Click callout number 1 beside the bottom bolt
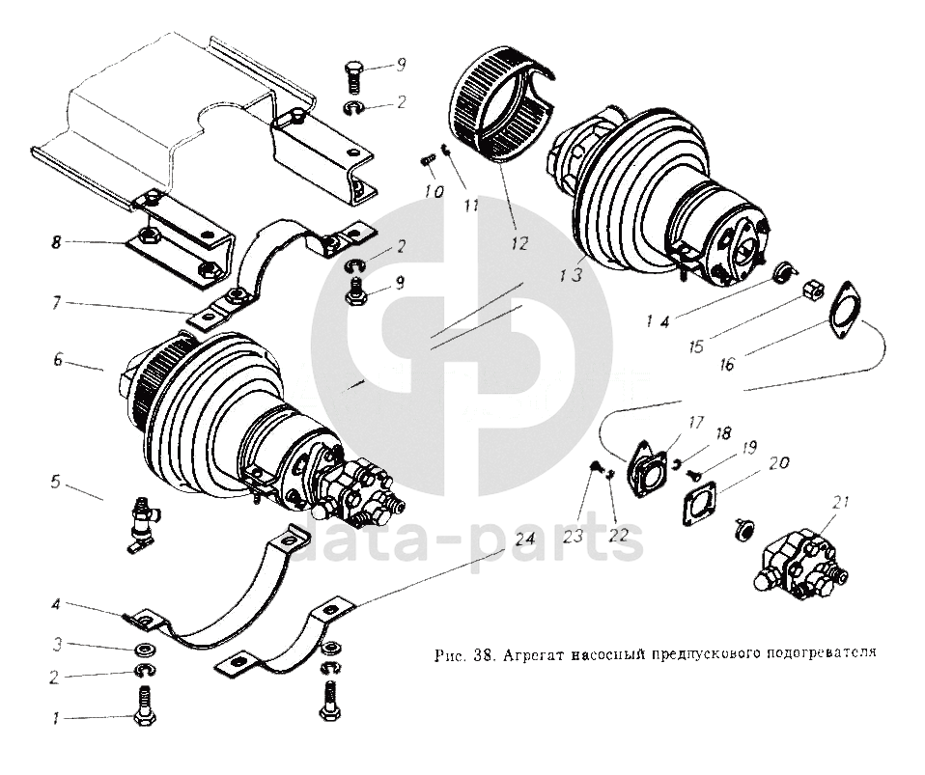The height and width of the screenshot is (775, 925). pyautogui.click(x=56, y=717)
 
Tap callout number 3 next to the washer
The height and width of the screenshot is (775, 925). pyautogui.click(x=57, y=644)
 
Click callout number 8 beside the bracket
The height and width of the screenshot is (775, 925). pyautogui.click(x=57, y=244)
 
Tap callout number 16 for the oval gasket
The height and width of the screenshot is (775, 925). pyautogui.click(x=727, y=364)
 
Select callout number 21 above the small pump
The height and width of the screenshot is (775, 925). pyautogui.click(x=841, y=503)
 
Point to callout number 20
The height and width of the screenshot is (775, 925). pyautogui.click(x=778, y=464)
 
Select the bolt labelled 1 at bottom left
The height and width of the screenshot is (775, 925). pyautogui.click(x=144, y=704)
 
